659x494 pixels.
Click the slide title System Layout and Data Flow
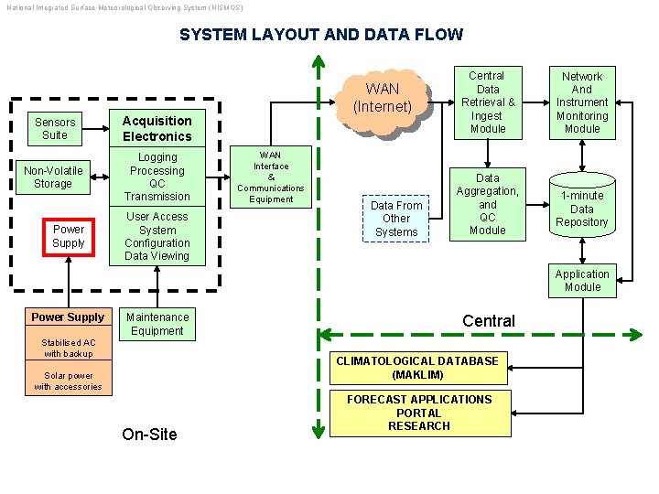point(321,35)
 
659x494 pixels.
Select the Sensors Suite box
point(55,129)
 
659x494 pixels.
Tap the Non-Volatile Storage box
point(53,177)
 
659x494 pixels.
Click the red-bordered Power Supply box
point(69,237)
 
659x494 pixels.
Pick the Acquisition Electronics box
point(157,129)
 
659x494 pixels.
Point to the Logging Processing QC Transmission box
point(157,177)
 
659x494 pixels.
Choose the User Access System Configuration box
point(157,237)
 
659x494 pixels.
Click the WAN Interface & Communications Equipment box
point(271,177)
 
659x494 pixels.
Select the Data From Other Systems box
point(396,219)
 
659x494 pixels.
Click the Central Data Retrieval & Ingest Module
point(488,102)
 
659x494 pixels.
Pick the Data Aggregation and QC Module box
point(488,205)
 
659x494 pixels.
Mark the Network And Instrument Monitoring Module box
point(582,102)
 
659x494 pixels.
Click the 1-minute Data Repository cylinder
point(582,208)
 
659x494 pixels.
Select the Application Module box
point(582,281)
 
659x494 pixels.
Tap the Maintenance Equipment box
point(157,325)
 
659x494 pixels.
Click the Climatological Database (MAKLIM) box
point(417,369)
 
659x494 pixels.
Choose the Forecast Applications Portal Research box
point(419,413)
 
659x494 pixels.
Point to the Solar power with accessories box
point(69,381)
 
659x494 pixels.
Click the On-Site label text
point(150,435)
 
